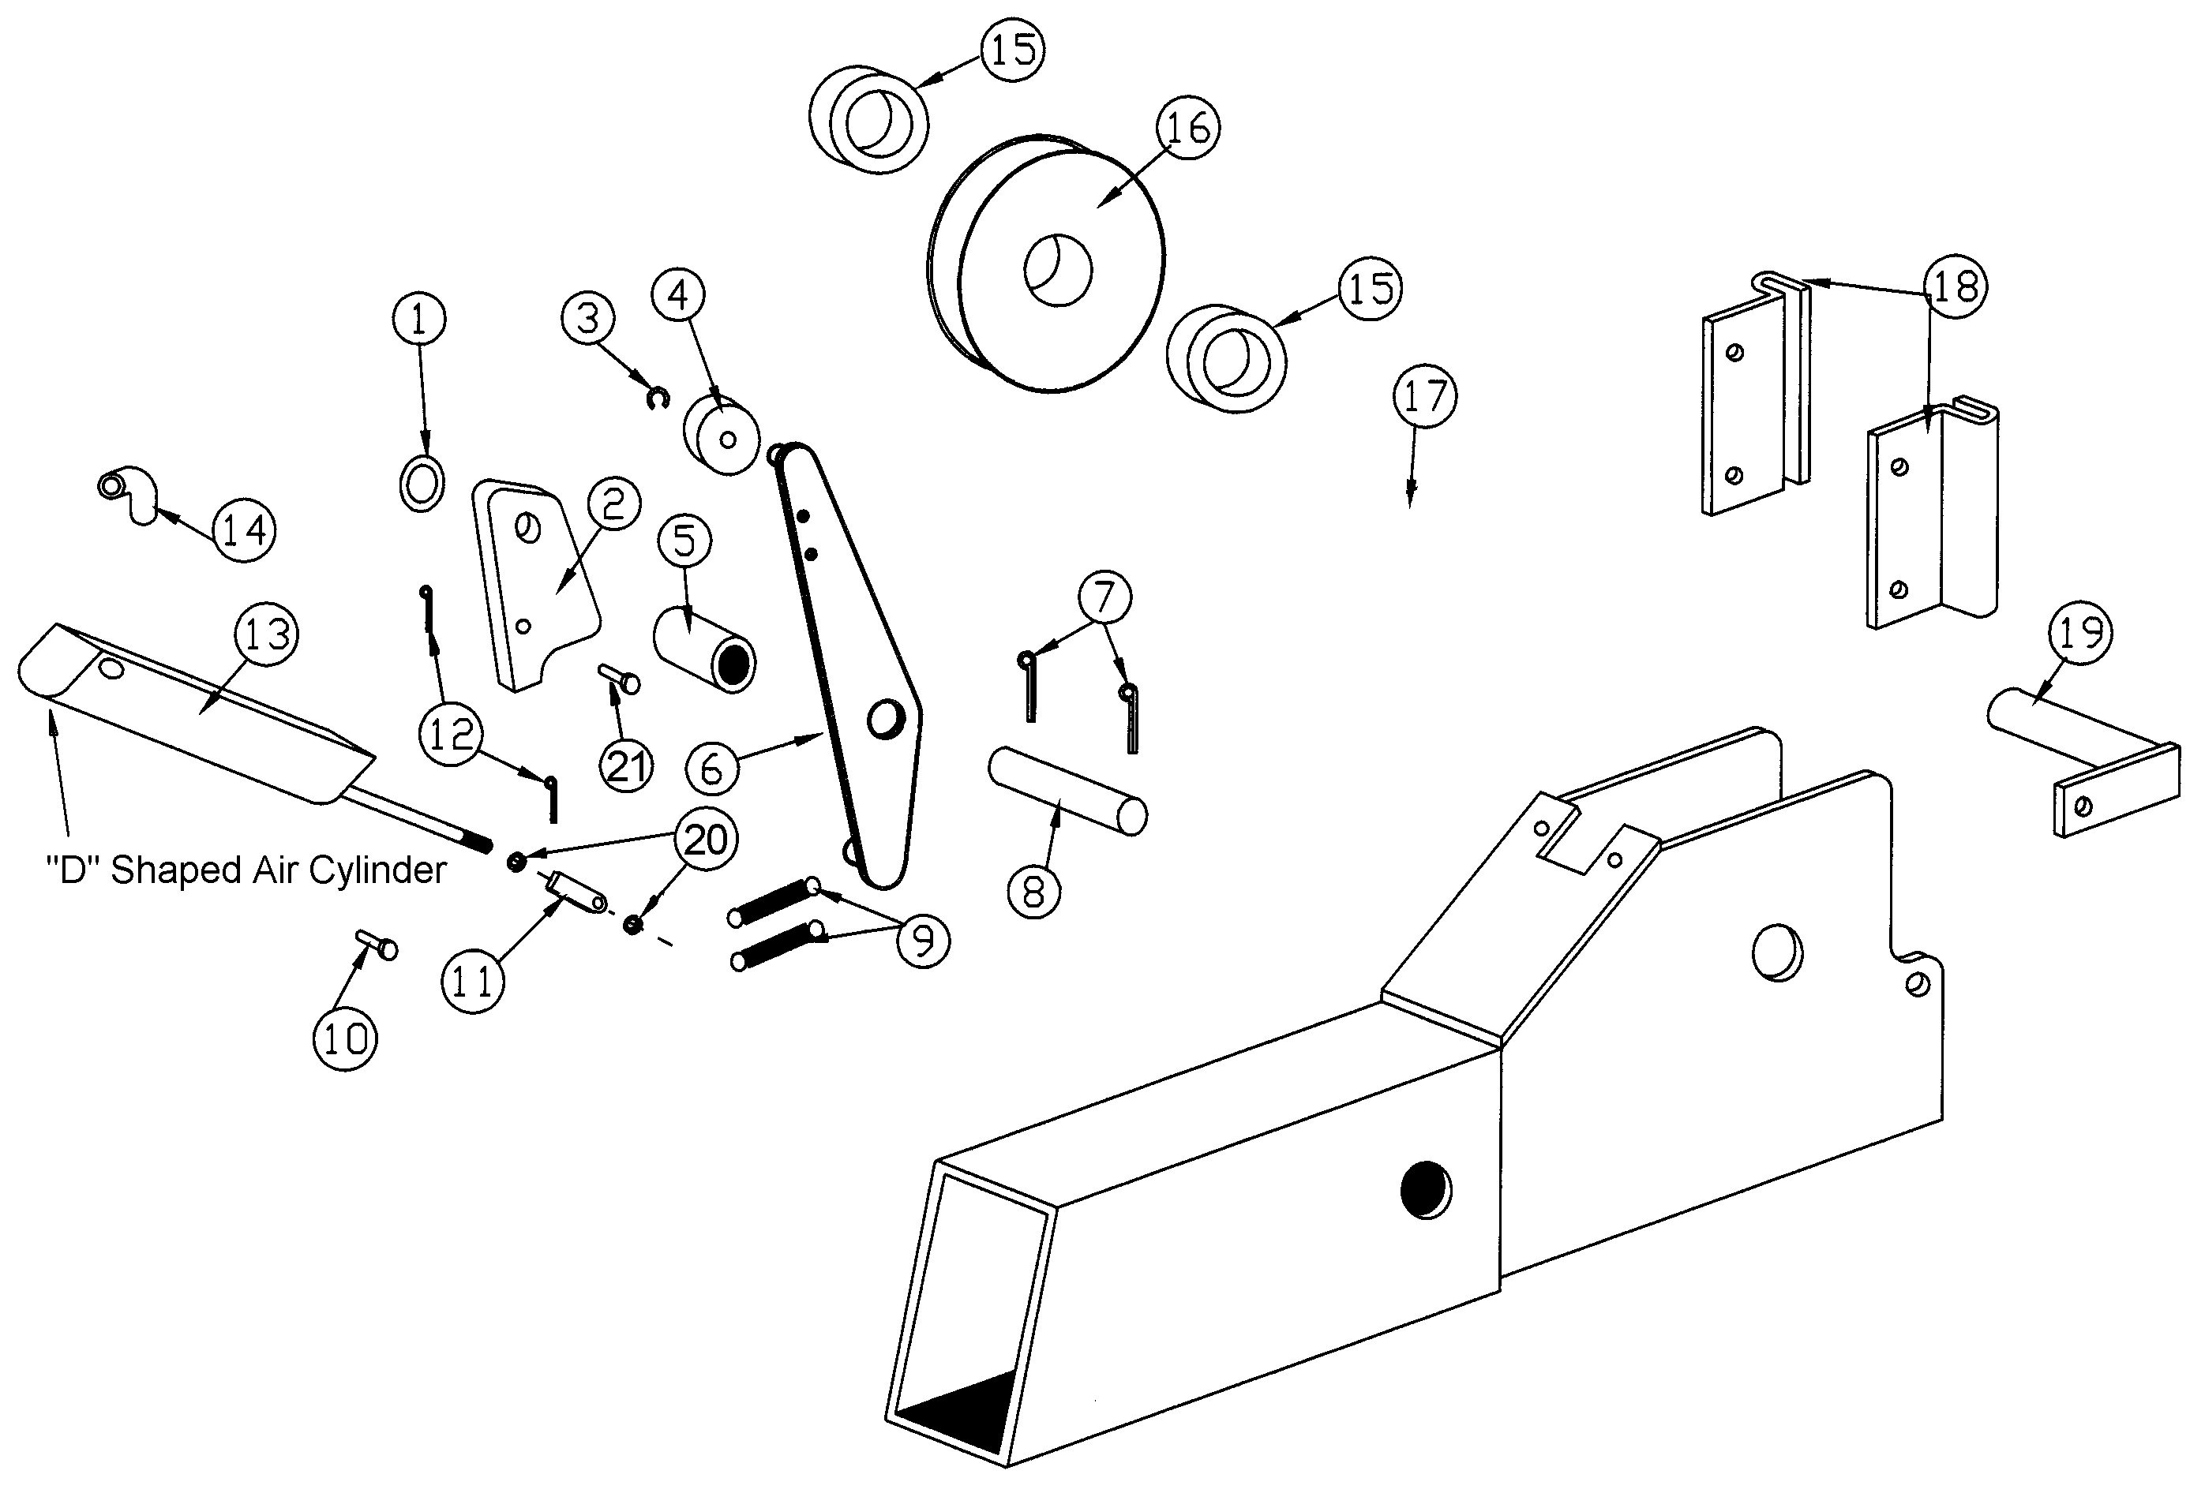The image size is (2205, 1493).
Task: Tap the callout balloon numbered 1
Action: click(419, 320)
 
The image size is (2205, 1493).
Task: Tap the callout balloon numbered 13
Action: click(267, 634)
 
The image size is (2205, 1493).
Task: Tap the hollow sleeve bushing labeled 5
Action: click(704, 653)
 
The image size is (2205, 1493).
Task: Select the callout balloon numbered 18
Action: click(1955, 286)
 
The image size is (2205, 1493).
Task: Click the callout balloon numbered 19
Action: click(2081, 633)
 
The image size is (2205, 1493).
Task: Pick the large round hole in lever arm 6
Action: click(886, 719)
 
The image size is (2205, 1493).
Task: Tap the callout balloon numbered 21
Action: click(626, 765)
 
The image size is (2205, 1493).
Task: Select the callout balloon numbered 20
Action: click(705, 840)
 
